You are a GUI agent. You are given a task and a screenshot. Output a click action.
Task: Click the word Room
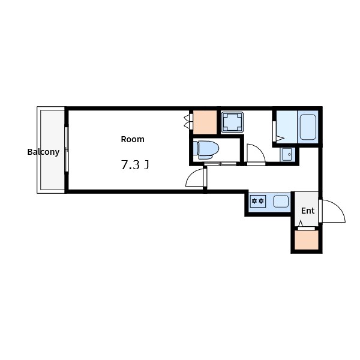133,139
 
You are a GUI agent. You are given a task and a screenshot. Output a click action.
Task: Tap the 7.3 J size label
135,165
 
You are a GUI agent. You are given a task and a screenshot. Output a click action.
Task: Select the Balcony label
43,152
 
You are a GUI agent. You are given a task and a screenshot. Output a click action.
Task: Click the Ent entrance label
308,211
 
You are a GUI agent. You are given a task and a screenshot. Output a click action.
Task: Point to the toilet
206,150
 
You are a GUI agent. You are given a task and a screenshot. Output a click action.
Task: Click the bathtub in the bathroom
308,127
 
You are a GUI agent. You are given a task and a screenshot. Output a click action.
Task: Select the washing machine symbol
232,122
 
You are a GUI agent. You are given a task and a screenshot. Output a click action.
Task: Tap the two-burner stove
258,202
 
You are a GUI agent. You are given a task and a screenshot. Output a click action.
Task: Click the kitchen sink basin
281,202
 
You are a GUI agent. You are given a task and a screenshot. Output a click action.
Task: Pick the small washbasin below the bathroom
287,154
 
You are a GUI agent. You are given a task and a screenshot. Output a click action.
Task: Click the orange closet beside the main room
205,122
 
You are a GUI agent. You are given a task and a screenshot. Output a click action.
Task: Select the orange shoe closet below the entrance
307,240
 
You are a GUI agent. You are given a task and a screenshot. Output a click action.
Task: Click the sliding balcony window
67,149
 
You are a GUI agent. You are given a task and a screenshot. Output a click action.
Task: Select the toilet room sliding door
220,164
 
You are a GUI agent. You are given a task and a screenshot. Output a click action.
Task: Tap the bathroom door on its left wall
274,131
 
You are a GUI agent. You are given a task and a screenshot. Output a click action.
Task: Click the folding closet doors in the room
188,121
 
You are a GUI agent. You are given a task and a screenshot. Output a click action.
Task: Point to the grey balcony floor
52,149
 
